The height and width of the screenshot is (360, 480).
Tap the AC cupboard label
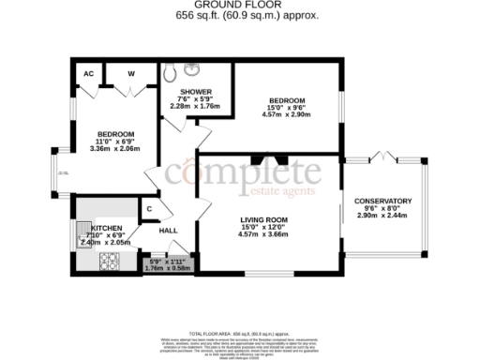click(88, 73)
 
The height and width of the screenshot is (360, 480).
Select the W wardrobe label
click(130, 73)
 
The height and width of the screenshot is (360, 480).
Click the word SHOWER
click(184, 92)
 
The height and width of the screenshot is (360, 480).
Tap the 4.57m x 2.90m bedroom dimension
click(287, 114)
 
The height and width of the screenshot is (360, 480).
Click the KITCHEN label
click(105, 228)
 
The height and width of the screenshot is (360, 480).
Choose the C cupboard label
click(149, 209)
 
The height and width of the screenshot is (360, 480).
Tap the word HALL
click(169, 230)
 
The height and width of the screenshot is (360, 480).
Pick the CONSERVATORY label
click(383, 201)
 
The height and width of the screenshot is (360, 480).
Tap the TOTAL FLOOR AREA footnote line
click(240, 333)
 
